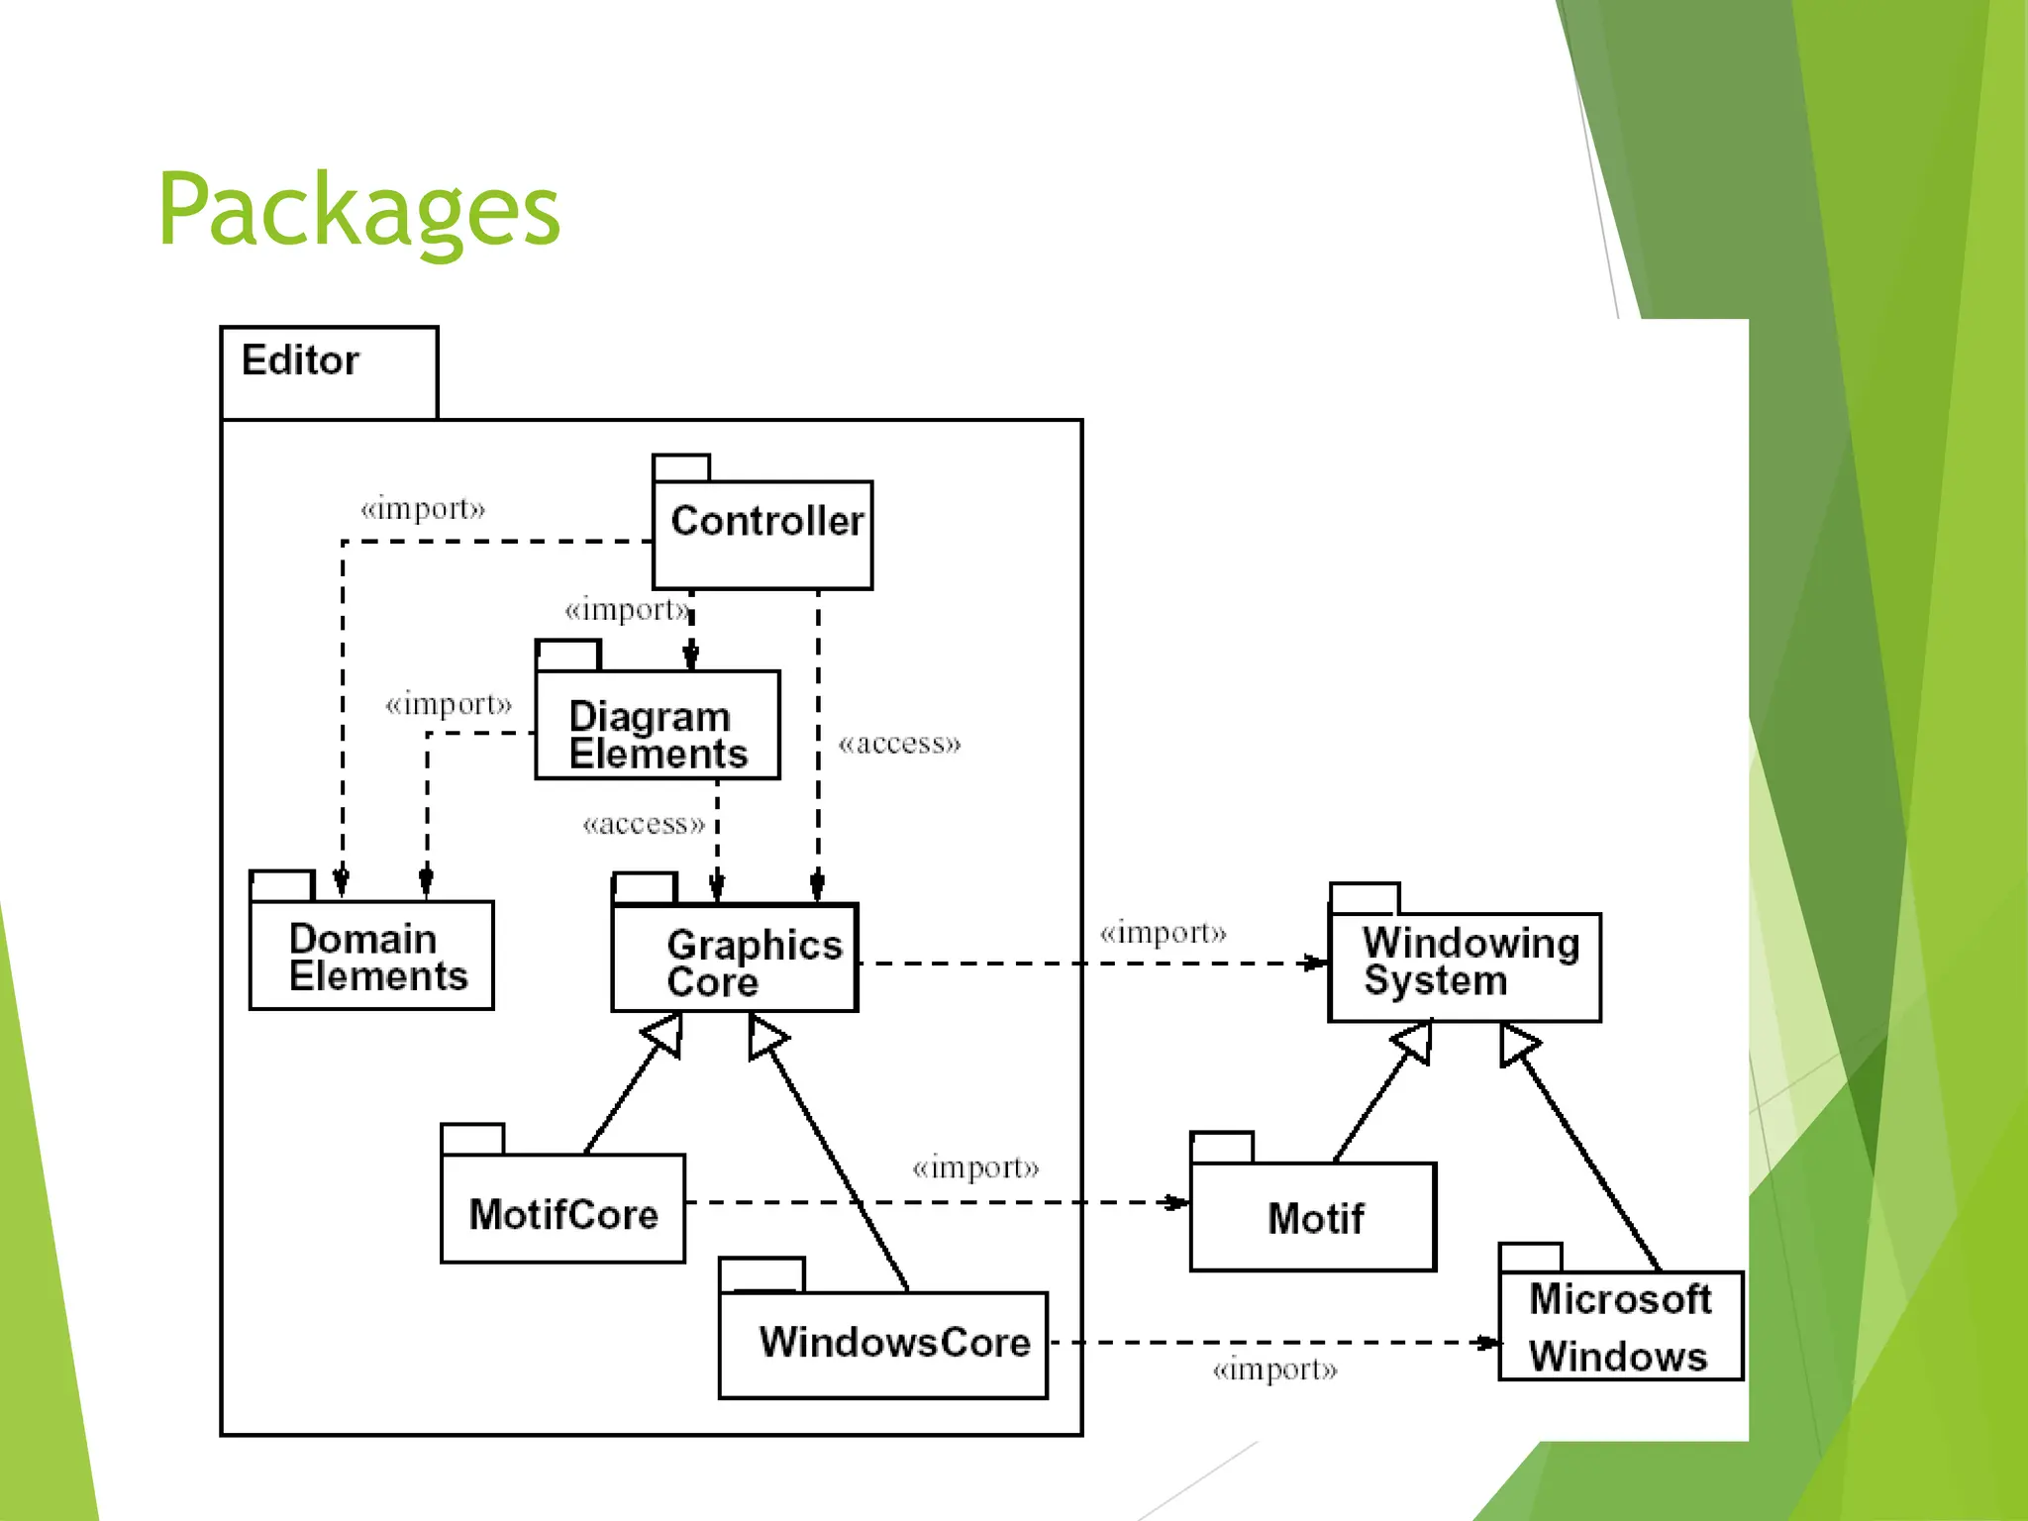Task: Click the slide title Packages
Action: pos(358,210)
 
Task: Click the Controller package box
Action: pos(762,535)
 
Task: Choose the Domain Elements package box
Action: pos(371,955)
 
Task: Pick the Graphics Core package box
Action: pos(735,958)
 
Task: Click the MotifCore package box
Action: pos(562,1208)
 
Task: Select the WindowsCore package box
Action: pos(883,1344)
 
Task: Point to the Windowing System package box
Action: pos(1464,966)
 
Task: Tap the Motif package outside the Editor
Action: pos(1313,1216)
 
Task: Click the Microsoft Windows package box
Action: pos(1620,1325)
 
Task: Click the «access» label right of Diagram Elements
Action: pos(899,744)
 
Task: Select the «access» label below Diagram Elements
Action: pos(644,824)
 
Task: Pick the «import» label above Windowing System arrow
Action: pos(1163,933)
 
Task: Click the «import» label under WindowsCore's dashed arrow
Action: pos(1274,1370)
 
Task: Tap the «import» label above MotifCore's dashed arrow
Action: pos(975,1168)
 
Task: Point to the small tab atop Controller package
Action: pos(681,467)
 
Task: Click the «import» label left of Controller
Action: pos(423,509)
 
